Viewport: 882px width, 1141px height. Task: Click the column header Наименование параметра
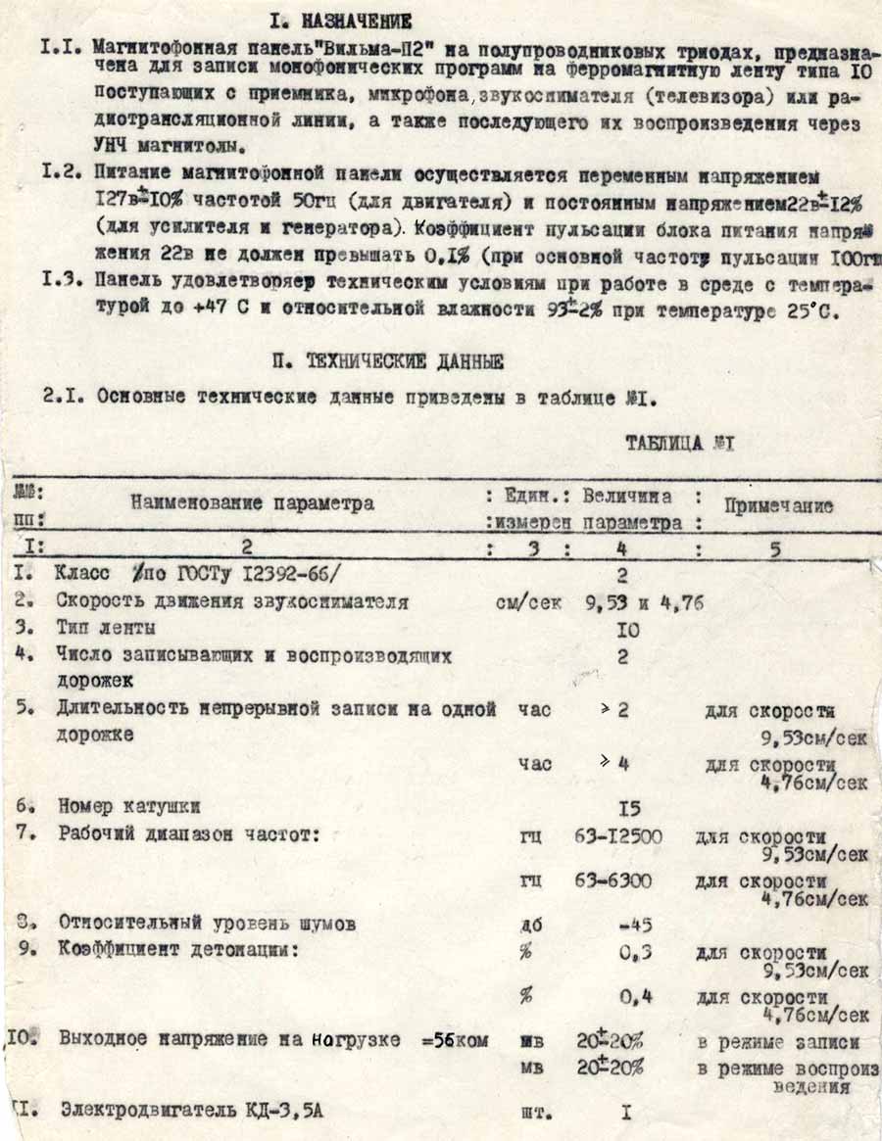click(253, 503)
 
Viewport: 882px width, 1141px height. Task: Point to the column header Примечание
click(778, 506)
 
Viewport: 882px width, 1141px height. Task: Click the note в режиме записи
click(778, 1043)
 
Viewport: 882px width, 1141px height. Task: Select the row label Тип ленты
click(106, 628)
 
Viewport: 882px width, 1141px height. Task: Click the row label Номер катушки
click(129, 808)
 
